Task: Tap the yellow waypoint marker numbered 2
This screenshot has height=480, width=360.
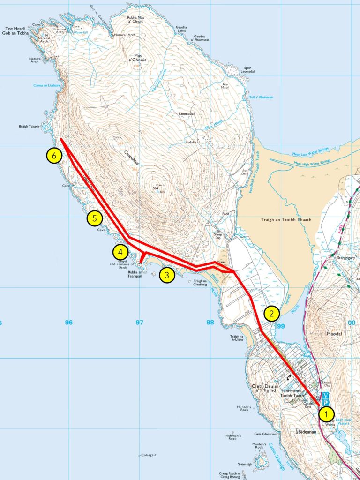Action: click(271, 313)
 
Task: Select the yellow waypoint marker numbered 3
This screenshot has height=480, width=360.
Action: click(167, 275)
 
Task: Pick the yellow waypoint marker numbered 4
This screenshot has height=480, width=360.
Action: click(120, 252)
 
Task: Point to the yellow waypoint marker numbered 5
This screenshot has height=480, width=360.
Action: click(94, 218)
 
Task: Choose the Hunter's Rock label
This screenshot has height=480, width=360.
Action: click(244, 409)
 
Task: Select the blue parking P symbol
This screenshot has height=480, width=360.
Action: click(326, 403)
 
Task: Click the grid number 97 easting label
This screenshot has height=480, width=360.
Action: click(139, 322)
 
